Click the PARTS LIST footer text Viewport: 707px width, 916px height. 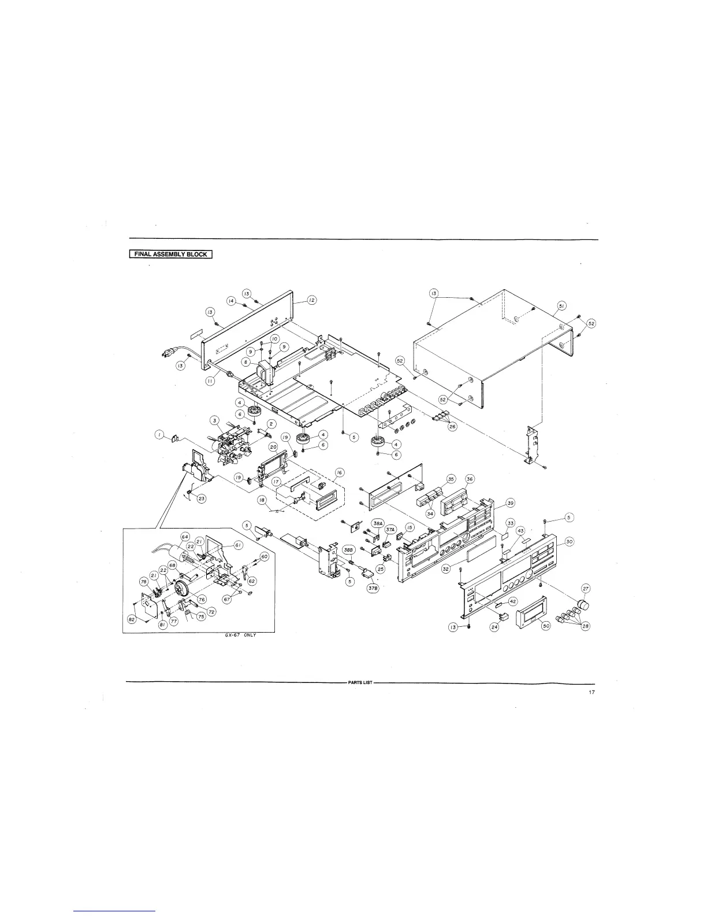point(360,683)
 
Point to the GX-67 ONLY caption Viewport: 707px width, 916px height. point(240,635)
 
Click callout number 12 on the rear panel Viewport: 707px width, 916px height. point(311,300)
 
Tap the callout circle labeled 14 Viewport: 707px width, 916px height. point(231,301)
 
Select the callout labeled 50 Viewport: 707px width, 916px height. point(546,629)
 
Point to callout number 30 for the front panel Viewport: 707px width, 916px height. point(570,541)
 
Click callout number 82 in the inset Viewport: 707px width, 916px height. point(132,620)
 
